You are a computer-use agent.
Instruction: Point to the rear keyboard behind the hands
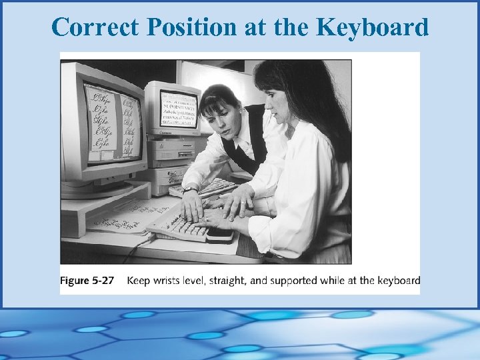click(x=213, y=189)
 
